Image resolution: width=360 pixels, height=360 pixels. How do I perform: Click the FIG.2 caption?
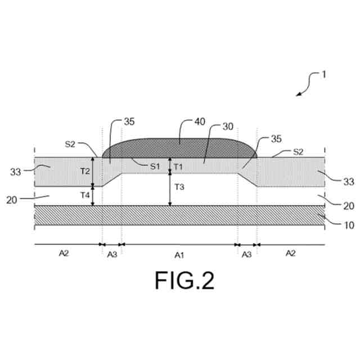pos(184,280)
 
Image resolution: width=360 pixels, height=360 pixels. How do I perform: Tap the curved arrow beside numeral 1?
pos(304,87)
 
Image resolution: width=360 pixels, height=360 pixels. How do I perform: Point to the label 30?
pos(227,127)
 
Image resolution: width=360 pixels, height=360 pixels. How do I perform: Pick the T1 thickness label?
pos(179,166)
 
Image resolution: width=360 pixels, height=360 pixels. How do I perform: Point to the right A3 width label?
pos(246,254)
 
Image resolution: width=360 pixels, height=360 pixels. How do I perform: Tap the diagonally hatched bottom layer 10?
pos(180,215)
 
